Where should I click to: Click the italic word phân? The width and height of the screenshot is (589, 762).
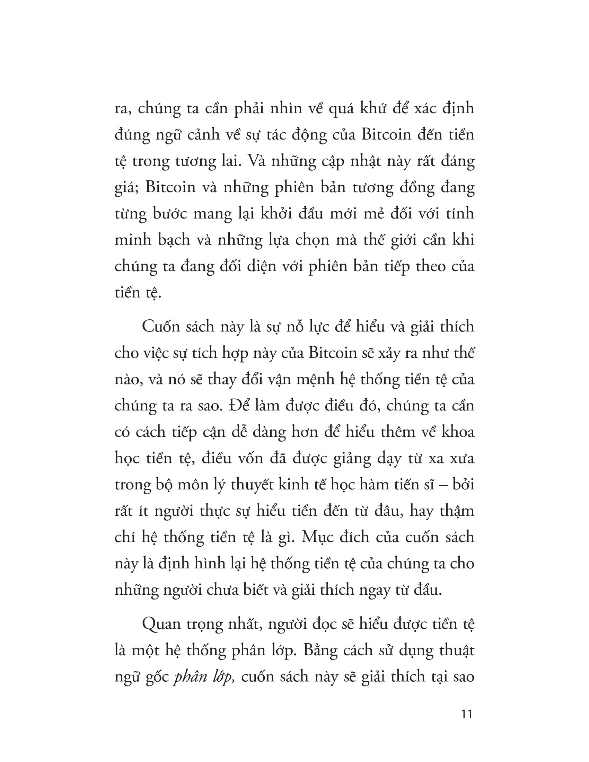pyautogui.click(x=188, y=677)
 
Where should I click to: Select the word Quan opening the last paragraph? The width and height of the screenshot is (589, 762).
pyautogui.click(x=161, y=624)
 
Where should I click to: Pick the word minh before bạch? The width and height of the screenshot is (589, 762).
pyautogui.click(x=133, y=240)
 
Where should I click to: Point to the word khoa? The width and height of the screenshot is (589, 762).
pyautogui.click(x=458, y=432)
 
